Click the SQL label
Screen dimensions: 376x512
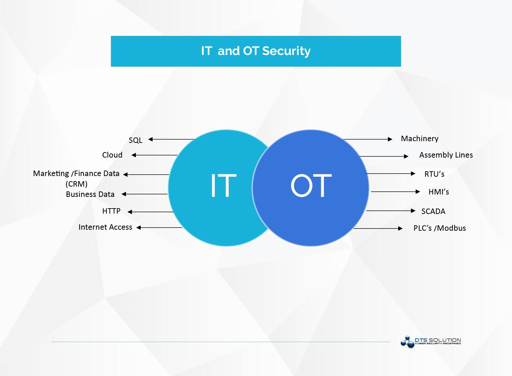[136, 140]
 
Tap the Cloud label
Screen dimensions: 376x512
[112, 155]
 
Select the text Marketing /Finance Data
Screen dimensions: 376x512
[76, 173]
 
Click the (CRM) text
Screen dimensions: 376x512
[76, 184]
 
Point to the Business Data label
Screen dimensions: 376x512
[90, 194]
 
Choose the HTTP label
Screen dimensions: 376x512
[111, 211]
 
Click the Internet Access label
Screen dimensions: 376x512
[105, 227]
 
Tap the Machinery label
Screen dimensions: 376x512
[419, 138]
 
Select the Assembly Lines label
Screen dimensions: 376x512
[446, 155]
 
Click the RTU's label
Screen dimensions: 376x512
[434, 174]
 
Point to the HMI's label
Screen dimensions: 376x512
[439, 192]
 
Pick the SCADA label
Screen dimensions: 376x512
[433, 211]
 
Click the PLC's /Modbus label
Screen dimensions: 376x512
[440, 228]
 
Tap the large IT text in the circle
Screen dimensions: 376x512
[223, 186]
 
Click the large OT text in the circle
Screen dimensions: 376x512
[311, 186]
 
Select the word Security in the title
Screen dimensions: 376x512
[286, 51]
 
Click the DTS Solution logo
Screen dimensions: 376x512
[431, 341]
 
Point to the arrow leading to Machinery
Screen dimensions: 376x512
[368, 139]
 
